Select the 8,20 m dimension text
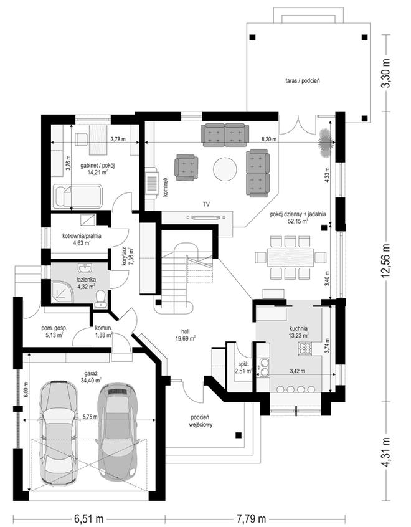[x=269, y=139]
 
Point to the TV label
[x=206, y=204]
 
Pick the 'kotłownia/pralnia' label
[x=82, y=236]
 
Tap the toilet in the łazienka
[x=100, y=298]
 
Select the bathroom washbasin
[x=85, y=268]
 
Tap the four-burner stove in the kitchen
[x=306, y=348]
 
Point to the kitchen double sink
[x=263, y=368]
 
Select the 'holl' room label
[x=185, y=332]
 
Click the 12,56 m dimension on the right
[x=387, y=260]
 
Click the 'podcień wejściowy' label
[x=202, y=421]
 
